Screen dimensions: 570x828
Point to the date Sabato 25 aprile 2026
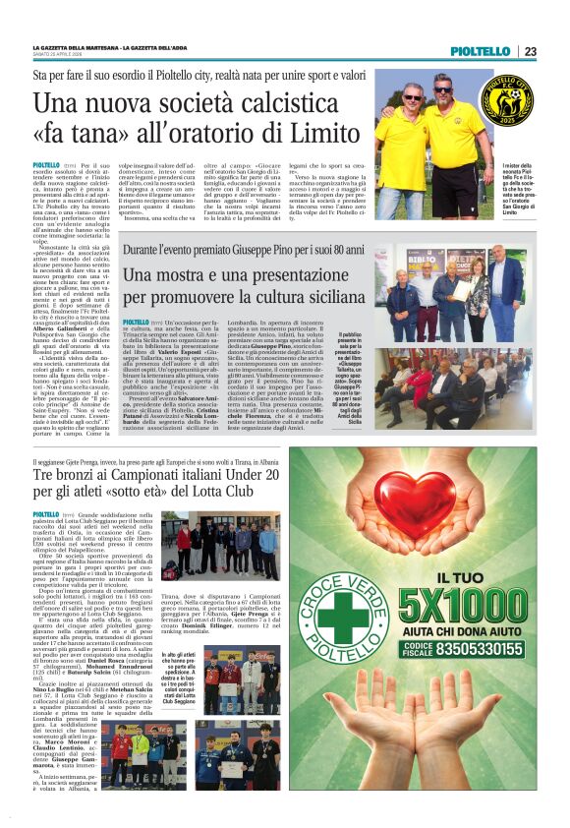[x=58, y=54]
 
